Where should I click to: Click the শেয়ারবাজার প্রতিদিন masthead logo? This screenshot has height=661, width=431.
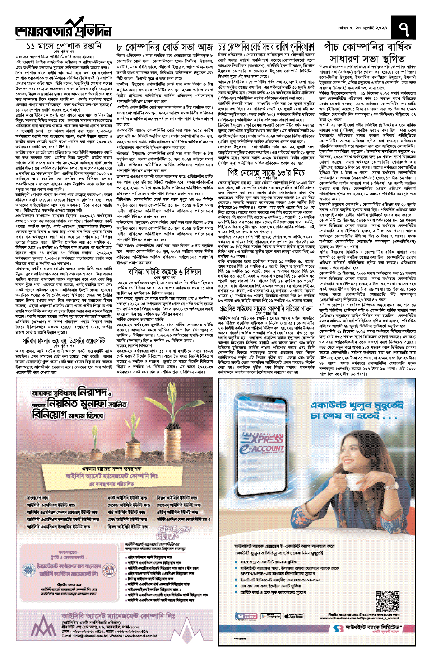pyautogui.click(x=63, y=29)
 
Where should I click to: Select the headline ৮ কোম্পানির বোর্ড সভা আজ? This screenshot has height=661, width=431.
pyautogui.click(x=165, y=47)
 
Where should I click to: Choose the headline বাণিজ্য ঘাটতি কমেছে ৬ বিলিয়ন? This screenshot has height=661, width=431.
pyautogui.click(x=165, y=272)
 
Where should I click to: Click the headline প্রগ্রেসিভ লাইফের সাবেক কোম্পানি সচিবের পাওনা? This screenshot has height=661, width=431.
pyautogui.click(x=266, y=309)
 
